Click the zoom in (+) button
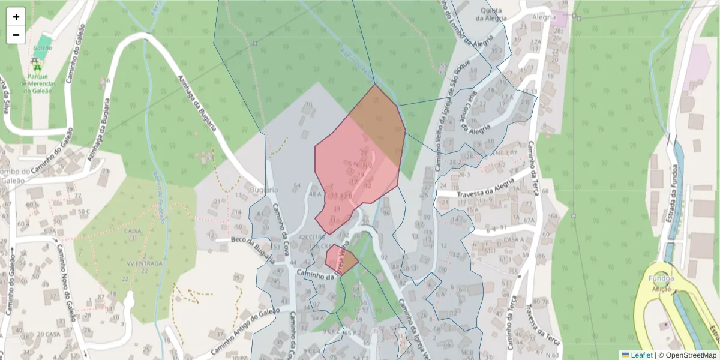pyautogui.click(x=16, y=17)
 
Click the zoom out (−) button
pyautogui.click(x=16, y=35)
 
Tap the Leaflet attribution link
pyautogui.click(x=640, y=355)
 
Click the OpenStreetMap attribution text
pyautogui.click(x=690, y=355)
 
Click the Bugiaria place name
pyautogui.click(x=263, y=190)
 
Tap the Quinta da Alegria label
pyautogui.click(x=488, y=14)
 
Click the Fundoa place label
pyautogui.click(x=661, y=278)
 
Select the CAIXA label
pyautogui.click(x=133, y=230)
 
